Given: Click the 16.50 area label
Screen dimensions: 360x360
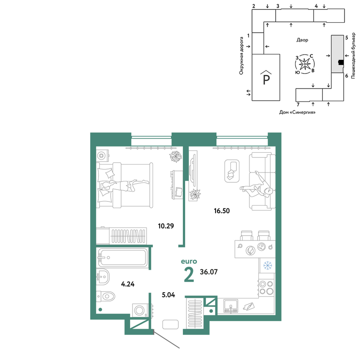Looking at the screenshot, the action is click(x=222, y=211).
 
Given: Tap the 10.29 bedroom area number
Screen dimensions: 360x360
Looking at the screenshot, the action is click(x=166, y=226).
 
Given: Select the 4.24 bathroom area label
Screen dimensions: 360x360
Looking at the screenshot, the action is click(x=128, y=284).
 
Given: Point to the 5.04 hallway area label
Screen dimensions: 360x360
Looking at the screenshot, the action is click(x=168, y=295).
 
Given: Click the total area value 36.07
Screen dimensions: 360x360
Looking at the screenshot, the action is click(x=209, y=272).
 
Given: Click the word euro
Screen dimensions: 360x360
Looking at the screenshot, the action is click(x=189, y=261).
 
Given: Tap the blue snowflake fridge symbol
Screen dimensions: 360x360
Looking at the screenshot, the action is click(x=267, y=266).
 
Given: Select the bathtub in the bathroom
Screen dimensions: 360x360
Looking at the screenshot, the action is click(x=123, y=258).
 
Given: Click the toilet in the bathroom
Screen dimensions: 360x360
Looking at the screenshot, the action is click(x=105, y=296).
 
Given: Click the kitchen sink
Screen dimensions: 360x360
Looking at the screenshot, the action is click(x=231, y=306).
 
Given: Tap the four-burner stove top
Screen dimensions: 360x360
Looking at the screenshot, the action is click(x=266, y=288).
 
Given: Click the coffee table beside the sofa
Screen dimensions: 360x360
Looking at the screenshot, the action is click(x=232, y=171).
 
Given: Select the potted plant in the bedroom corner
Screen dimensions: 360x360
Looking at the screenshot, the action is click(x=176, y=157).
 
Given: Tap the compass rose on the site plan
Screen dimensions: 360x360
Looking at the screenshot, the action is click(x=305, y=64).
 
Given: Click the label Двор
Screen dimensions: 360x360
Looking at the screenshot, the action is click(x=302, y=40).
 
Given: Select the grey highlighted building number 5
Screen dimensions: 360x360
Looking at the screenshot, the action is click(x=337, y=54).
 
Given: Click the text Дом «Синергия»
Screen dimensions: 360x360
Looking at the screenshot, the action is click(x=297, y=112).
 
